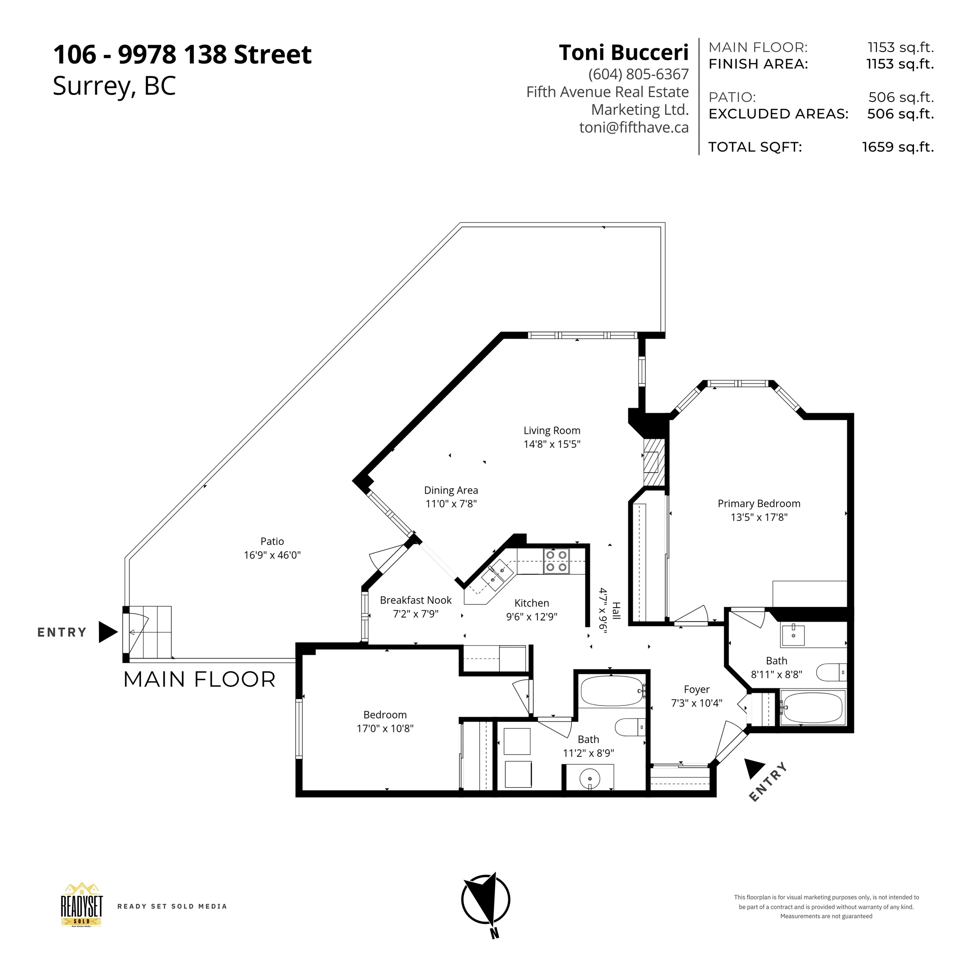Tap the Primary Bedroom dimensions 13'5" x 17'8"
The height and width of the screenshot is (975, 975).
tap(759, 517)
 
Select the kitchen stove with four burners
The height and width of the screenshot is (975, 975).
tap(556, 561)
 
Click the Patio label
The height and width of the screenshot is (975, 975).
tap(272, 542)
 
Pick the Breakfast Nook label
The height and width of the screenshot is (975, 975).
tap(416, 600)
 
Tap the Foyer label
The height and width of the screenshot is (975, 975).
tap(697, 689)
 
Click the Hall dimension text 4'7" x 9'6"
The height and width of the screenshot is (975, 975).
tap(603, 610)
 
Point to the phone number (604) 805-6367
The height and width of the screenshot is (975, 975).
tap(639, 74)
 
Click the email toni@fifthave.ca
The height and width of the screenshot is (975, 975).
tap(634, 127)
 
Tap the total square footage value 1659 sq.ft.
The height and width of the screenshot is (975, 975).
tap(898, 147)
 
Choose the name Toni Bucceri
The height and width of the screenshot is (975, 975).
tap(624, 52)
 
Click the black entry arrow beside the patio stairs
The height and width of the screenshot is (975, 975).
tap(108, 632)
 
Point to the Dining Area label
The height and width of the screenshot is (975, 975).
tap(451, 490)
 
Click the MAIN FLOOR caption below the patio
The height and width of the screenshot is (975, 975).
tap(200, 679)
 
